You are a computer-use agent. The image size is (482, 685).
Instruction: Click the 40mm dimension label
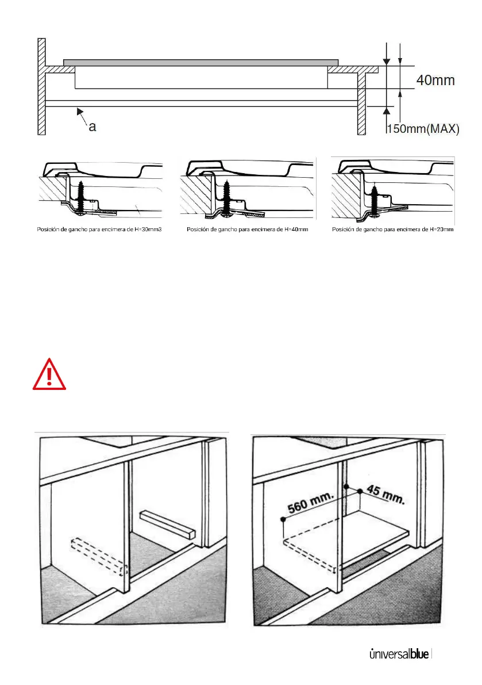[435, 81]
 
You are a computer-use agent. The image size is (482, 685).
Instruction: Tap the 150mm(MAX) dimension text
[422, 129]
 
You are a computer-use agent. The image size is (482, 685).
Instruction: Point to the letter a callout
[92, 128]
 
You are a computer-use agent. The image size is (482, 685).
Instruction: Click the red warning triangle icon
[49, 374]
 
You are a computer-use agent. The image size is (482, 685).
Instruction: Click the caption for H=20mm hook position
[393, 229]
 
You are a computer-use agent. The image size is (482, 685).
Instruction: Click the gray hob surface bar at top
[200, 62]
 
